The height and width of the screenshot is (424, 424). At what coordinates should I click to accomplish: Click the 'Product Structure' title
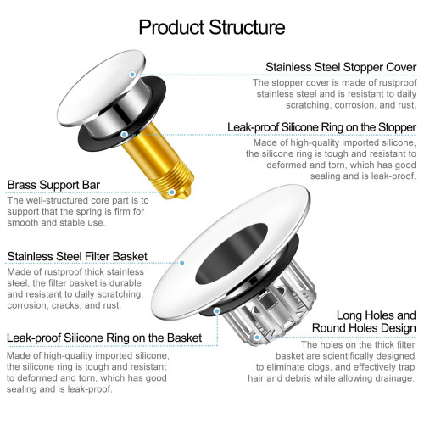point(212,27)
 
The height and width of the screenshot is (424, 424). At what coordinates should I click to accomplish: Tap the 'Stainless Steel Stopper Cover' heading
point(341,67)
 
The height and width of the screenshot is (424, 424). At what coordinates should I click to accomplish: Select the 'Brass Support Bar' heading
point(53,185)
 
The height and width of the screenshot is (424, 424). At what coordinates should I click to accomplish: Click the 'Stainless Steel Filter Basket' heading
point(77,256)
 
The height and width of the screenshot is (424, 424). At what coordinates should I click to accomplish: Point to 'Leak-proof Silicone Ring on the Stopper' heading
point(322,127)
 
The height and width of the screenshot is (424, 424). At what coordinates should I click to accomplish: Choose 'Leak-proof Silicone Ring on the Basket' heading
point(104,338)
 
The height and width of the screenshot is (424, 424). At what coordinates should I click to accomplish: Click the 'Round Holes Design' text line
point(364,328)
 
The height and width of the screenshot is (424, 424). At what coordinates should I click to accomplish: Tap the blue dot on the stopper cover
point(132,75)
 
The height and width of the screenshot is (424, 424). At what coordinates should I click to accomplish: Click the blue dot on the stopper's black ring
point(124,135)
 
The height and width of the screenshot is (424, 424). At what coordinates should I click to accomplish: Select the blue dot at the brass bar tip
point(172,192)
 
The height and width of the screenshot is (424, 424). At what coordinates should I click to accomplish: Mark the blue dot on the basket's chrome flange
point(182,263)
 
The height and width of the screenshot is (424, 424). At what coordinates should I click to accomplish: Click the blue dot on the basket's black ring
point(217,311)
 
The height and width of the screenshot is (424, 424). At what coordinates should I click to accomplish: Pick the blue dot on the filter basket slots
point(257,338)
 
